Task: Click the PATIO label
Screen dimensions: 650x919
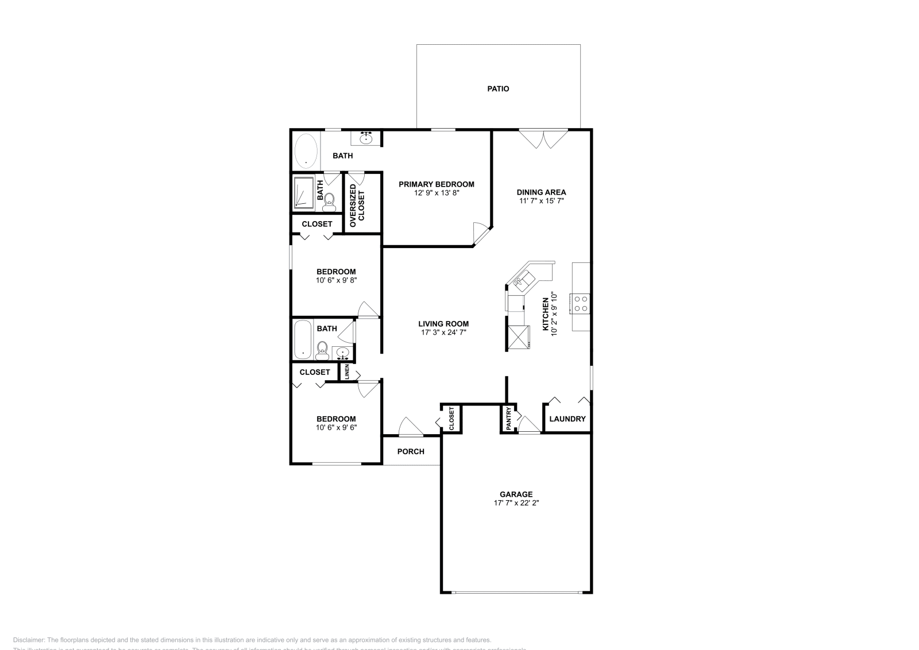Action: coord(498,89)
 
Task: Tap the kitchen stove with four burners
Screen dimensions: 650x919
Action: coord(580,303)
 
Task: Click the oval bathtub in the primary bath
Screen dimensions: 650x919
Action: coord(306,150)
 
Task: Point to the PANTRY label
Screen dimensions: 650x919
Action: coord(509,419)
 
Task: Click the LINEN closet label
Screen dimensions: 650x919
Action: coord(347,372)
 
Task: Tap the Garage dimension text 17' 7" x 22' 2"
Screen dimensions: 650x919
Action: coord(516,503)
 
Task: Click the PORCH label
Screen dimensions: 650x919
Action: coord(411,451)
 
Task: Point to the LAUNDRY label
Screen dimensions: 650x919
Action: coord(567,419)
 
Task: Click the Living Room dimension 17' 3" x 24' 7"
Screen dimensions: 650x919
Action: coord(443,332)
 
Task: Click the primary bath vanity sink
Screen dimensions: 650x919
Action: coord(366,138)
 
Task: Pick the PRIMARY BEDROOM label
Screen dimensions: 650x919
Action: coord(437,184)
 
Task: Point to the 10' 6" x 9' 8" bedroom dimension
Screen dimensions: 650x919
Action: coord(336,281)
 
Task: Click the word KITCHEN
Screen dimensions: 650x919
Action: coord(546,314)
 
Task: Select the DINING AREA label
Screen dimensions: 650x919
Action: coord(541,192)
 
